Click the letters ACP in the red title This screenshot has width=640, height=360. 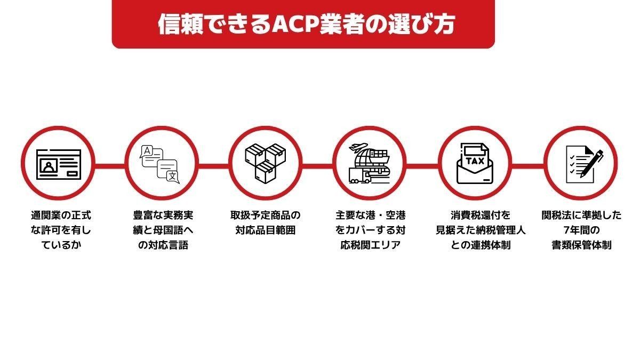pyautogui.click(x=295, y=25)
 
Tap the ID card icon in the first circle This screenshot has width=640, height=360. pyautogui.click(x=59, y=164)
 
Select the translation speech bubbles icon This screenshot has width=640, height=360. pyautogui.click(x=159, y=164)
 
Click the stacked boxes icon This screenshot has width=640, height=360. pyautogui.click(x=266, y=163)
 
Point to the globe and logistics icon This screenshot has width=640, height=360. pyautogui.click(x=369, y=163)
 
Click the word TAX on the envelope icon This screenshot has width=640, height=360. pyautogui.click(x=475, y=161)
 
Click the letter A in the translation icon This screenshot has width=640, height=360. pyautogui.click(x=147, y=150)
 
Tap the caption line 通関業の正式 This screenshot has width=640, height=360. pyautogui.click(x=61, y=215)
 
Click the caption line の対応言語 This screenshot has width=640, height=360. pyautogui.click(x=163, y=245)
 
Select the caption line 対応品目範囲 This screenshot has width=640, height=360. pyautogui.click(x=266, y=230)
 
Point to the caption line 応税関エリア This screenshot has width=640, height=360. pyautogui.click(x=370, y=245)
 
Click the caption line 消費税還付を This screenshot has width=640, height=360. pyautogui.click(x=481, y=215)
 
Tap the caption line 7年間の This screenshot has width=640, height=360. pyautogui.click(x=581, y=230)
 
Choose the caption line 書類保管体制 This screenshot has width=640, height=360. pyautogui.click(x=581, y=245)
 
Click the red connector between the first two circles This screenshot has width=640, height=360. pyautogui.click(x=110, y=166)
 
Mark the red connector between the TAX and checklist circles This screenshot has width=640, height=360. pyautogui.click(x=527, y=166)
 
